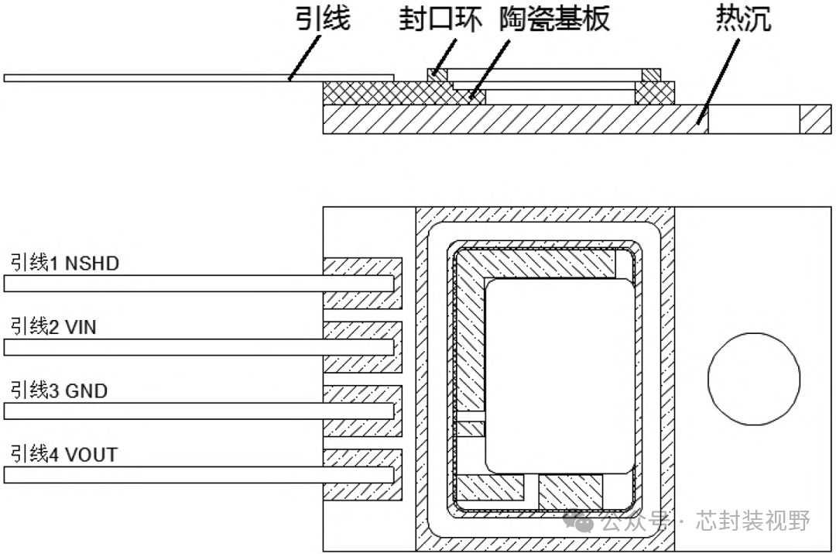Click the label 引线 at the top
pos(324,19)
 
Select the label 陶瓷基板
pos(553,19)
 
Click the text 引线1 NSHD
pos(65,263)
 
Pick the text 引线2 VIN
pos(53,327)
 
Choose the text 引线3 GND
pos(59,391)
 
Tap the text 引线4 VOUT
pos(64,454)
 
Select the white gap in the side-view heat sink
pos(753,119)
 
